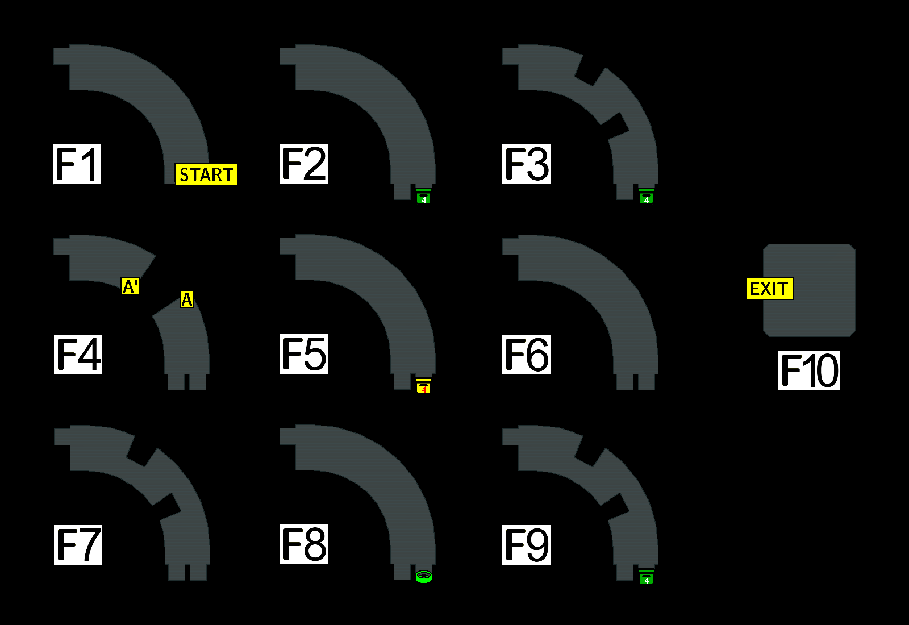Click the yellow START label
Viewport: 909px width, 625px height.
(x=206, y=174)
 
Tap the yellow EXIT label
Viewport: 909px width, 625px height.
(x=769, y=289)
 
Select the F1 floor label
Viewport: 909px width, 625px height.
(x=77, y=164)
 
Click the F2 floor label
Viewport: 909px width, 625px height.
(x=304, y=164)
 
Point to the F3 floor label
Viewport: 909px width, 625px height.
(x=527, y=164)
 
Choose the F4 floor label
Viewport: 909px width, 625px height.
(x=78, y=355)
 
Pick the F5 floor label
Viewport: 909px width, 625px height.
(x=304, y=354)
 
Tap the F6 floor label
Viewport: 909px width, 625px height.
(x=527, y=355)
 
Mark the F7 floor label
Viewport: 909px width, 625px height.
(x=78, y=545)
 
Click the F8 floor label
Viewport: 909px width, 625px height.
(x=304, y=544)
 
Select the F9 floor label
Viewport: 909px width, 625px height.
(x=527, y=545)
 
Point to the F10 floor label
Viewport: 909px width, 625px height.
(x=809, y=370)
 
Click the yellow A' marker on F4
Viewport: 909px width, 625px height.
(x=130, y=286)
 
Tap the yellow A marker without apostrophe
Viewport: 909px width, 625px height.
(x=187, y=299)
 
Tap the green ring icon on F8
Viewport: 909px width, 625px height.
(x=424, y=577)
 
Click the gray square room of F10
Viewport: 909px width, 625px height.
(x=818, y=290)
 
